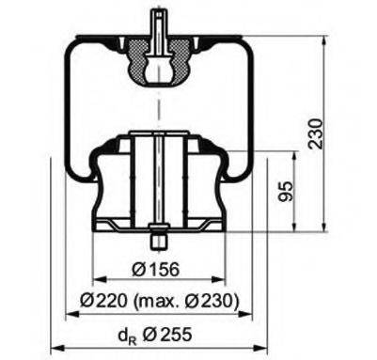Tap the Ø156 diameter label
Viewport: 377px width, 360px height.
pos(157,270)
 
